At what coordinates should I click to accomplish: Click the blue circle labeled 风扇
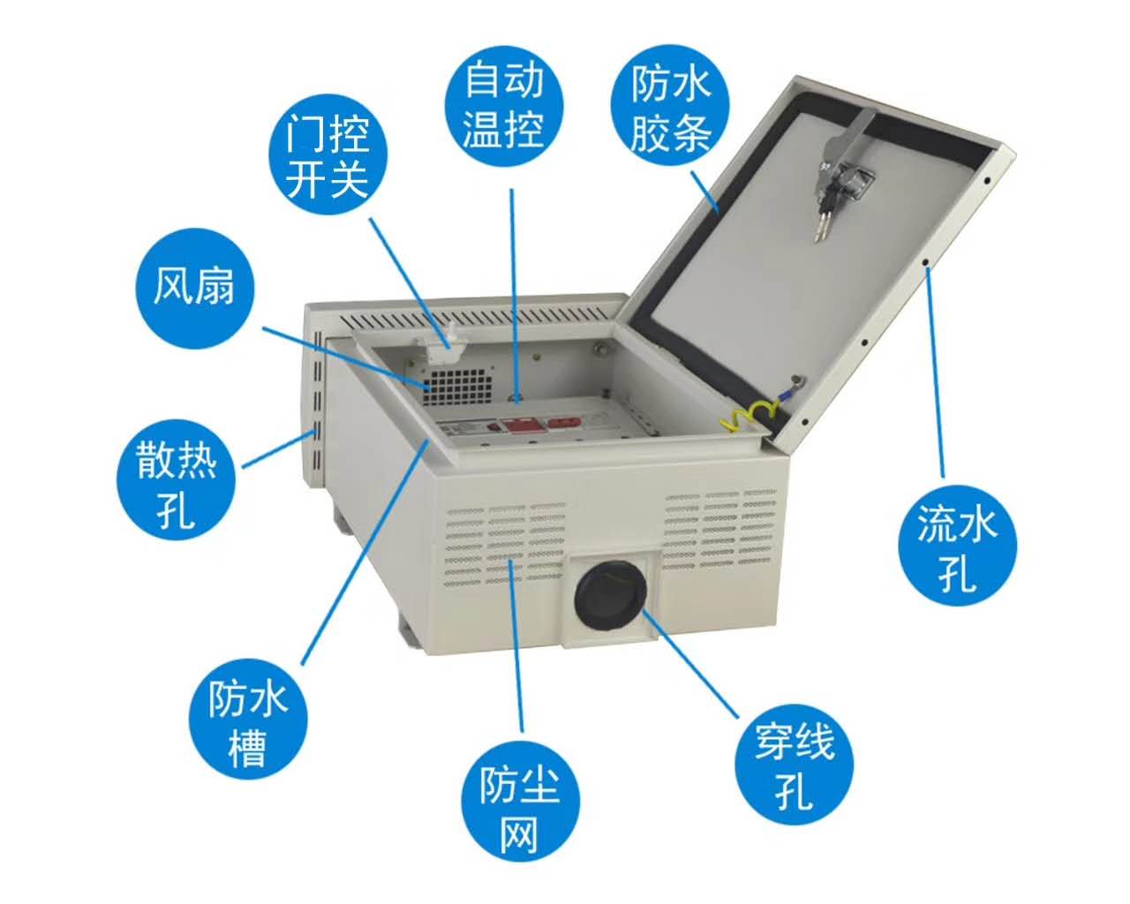pos(194,288)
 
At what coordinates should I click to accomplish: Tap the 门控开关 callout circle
pos(328,154)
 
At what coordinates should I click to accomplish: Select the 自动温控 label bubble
pos(503,106)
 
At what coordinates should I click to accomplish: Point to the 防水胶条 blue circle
pos(669,104)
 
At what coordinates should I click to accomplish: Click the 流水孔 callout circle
pos(957,546)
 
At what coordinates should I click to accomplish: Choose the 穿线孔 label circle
pos(794,765)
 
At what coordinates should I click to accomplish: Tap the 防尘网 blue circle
pos(520,801)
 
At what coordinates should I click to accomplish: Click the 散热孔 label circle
pos(176,479)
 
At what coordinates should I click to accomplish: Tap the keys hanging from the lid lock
pos(822,205)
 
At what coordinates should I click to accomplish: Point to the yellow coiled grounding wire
pos(746,416)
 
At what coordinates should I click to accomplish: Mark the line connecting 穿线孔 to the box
pos(689,663)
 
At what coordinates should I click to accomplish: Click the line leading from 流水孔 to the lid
pos(935,372)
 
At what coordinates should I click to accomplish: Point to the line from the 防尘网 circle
pos(516,646)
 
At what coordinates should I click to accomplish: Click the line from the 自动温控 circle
pos(514,296)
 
